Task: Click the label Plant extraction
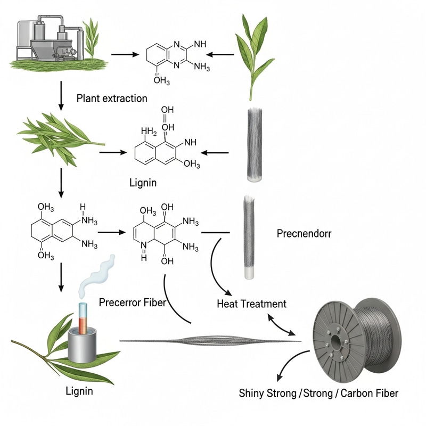pyautogui.click(x=112, y=99)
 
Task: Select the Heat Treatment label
pyautogui.click(x=252, y=304)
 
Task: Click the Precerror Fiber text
pyautogui.click(x=133, y=302)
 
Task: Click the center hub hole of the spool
pyautogui.click(x=337, y=338)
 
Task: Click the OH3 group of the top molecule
pyautogui.click(x=161, y=81)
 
